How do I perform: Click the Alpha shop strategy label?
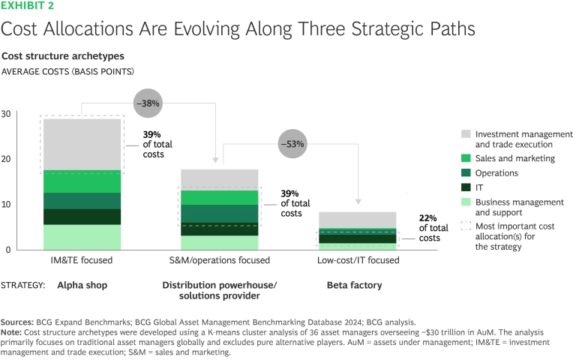tap(82, 286)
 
